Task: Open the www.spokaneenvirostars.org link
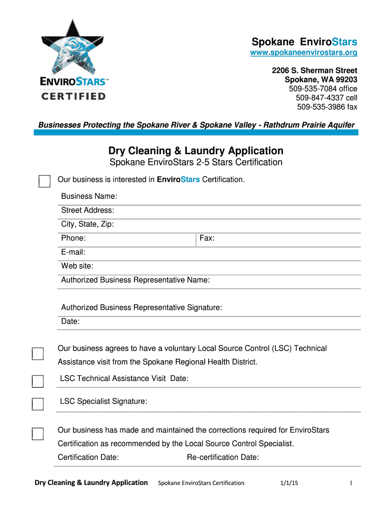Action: coord(303,53)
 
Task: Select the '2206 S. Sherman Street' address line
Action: coord(314,70)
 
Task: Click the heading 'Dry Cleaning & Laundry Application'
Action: coord(195,151)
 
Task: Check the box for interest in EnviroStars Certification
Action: coord(44,181)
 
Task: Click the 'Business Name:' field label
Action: coord(89,196)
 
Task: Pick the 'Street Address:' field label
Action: coord(88,210)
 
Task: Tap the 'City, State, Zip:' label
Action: coord(88,224)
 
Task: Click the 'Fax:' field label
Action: coord(207,238)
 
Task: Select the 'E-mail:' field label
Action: coord(73,252)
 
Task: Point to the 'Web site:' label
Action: coord(77,266)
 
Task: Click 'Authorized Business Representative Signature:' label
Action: coord(142,307)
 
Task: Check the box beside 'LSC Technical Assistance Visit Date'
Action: coord(38,381)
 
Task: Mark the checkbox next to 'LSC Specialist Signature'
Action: coord(38,404)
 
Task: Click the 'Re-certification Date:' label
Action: coord(223,457)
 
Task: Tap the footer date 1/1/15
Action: coord(289,483)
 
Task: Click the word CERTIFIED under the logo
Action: coord(73,96)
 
